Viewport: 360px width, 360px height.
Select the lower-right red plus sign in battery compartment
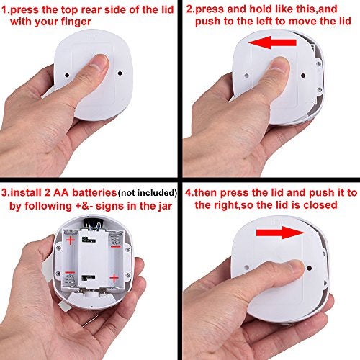tap(114, 276)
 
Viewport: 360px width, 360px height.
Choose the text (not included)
tap(145, 193)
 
